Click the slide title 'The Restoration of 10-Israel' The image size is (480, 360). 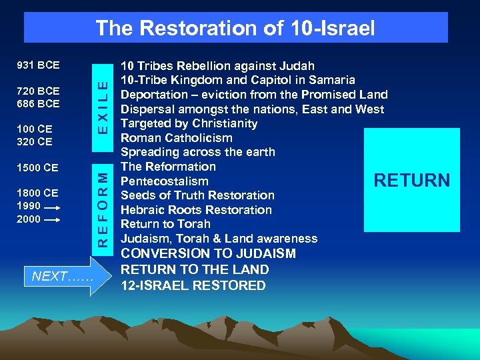pyautogui.click(x=235, y=28)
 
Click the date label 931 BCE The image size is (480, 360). pyautogui.click(x=37, y=65)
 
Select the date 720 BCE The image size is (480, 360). pyautogui.click(x=37, y=91)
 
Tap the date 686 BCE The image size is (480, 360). pyautogui.click(x=37, y=104)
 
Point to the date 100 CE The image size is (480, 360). pyautogui.click(x=35, y=128)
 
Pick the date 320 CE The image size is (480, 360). pyautogui.click(x=35, y=141)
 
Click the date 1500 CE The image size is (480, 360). pyautogui.click(x=37, y=168)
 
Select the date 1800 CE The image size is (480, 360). pyautogui.click(x=37, y=193)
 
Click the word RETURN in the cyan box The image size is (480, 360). pyautogui.click(x=411, y=180)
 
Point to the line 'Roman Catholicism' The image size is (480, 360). pyautogui.click(x=176, y=138)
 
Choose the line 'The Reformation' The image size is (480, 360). pyautogui.click(x=168, y=167)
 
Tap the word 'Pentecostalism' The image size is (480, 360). pyautogui.click(x=164, y=181)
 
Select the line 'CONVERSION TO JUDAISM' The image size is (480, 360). pyautogui.click(x=208, y=254)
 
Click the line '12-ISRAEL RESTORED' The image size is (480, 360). pyautogui.click(x=193, y=285)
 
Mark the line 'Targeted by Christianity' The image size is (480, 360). pyautogui.click(x=189, y=123)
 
